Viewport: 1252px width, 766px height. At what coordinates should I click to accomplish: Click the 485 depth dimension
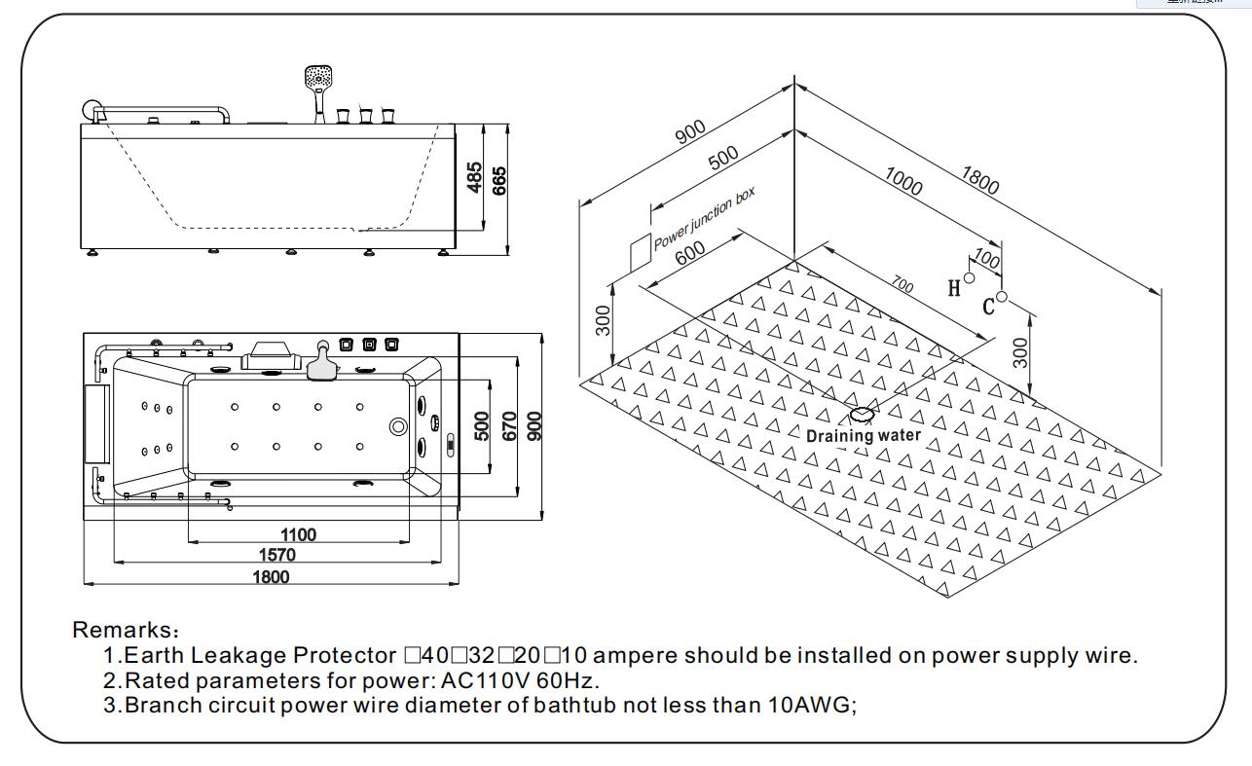click(475, 177)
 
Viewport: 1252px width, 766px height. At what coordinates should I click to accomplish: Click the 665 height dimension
click(499, 179)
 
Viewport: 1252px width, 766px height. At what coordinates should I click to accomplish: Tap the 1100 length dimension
click(297, 534)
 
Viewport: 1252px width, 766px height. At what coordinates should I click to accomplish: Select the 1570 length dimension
click(277, 556)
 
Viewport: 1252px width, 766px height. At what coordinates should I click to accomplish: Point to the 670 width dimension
click(508, 425)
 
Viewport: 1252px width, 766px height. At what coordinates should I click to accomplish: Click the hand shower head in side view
click(318, 78)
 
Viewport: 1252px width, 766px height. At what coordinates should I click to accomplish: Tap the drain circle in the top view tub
click(397, 426)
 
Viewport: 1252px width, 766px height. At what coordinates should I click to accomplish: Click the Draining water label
click(863, 435)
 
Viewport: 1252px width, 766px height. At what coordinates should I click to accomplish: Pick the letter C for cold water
click(988, 307)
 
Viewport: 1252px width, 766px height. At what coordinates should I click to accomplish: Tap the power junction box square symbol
click(639, 250)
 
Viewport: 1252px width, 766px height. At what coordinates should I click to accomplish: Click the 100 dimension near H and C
click(986, 260)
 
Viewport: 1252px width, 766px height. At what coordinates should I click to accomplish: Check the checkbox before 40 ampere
click(411, 655)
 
